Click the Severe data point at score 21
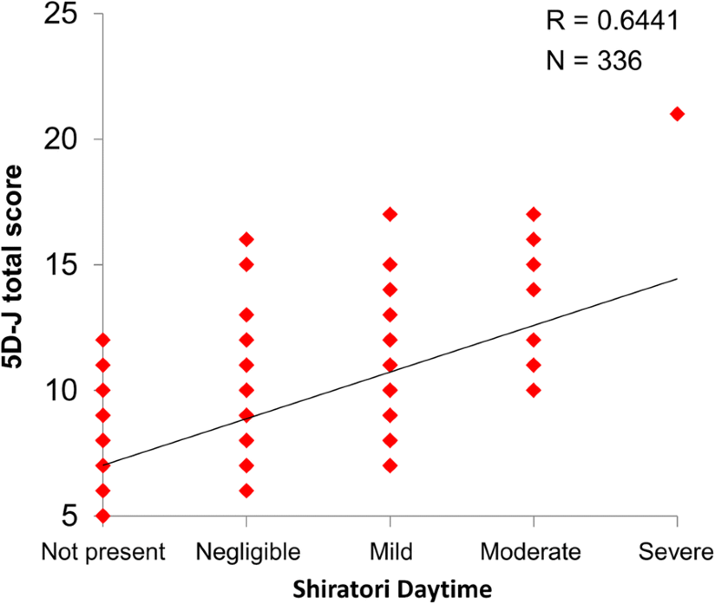tap(677, 114)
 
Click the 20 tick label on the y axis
tap(60, 139)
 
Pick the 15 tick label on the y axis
tap(60, 265)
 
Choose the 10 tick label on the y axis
tap(60, 390)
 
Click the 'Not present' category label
tap(103, 552)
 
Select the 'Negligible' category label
tap(246, 552)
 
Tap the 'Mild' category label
tap(390, 552)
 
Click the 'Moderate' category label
tap(533, 552)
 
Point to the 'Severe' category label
tap(677, 552)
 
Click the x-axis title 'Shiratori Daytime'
tap(390, 588)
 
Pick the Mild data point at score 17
tap(390, 214)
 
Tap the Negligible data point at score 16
tap(246, 240)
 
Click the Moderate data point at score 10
tap(534, 390)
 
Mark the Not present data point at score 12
tap(103, 340)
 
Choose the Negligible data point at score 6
tap(246, 491)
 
